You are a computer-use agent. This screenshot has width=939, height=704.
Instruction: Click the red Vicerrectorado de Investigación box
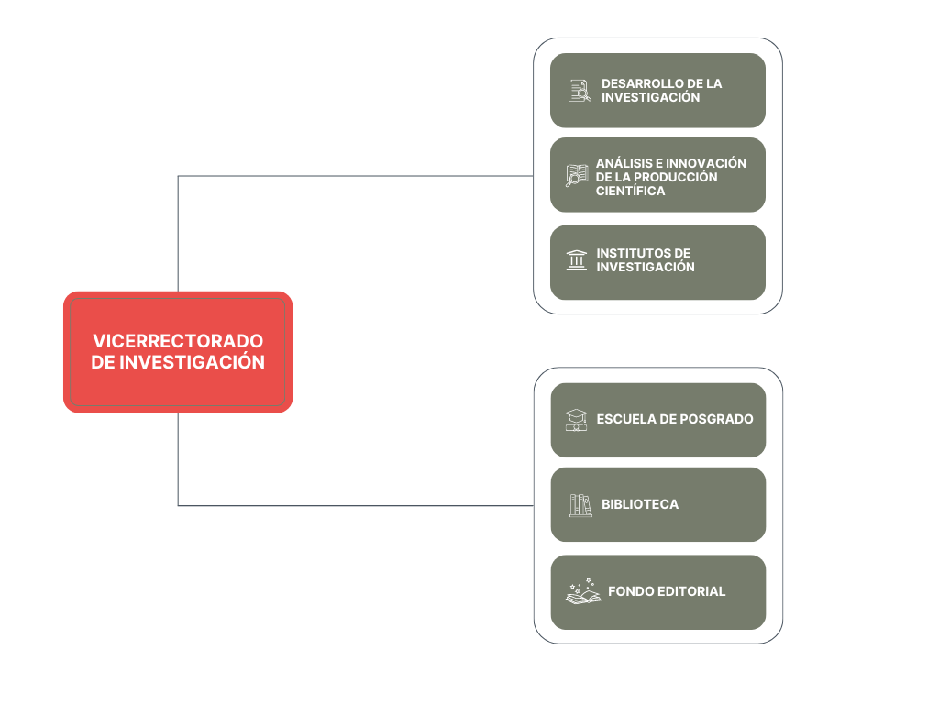pos(178,352)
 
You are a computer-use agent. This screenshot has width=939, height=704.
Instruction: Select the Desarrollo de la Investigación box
pos(657,91)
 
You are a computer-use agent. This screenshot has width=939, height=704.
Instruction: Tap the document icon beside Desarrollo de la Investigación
pos(580,91)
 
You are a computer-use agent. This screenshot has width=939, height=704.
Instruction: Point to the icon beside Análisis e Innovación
pos(577,175)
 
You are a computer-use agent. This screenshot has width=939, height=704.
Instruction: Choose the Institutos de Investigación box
pos(657,262)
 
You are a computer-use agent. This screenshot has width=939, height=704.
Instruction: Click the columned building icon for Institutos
pos(577,260)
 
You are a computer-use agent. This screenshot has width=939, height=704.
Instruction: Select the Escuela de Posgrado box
pos(657,420)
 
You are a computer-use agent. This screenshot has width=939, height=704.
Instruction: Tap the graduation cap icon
pos(576,420)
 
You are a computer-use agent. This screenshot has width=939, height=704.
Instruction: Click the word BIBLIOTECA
pos(640,504)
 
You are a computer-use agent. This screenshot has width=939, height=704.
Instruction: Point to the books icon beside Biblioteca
pos(580,505)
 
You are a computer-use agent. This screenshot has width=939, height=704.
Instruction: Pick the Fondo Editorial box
pos(657,592)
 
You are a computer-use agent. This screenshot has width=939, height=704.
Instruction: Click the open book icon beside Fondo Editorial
pos(583,591)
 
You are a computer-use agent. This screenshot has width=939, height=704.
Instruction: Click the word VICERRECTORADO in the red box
pos(178,341)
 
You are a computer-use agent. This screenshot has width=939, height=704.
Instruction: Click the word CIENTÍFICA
pos(631,191)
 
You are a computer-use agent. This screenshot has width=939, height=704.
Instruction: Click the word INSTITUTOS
pos(631,253)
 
